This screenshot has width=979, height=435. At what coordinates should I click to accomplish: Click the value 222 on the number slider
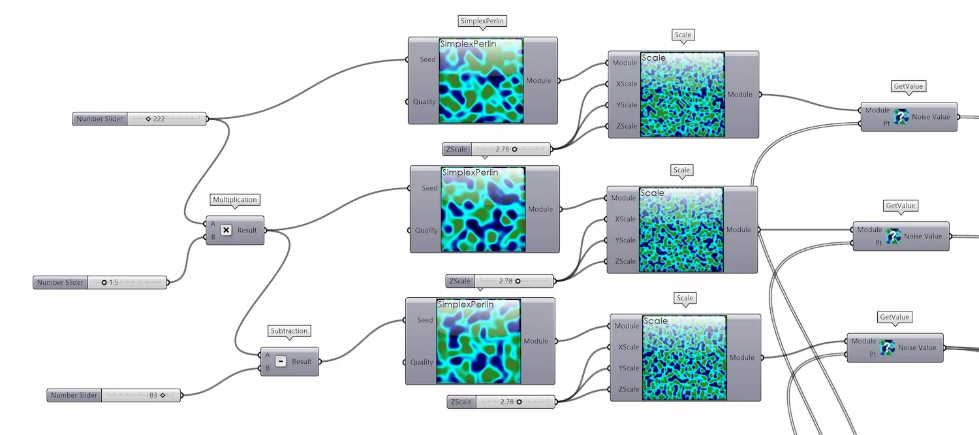coord(159,119)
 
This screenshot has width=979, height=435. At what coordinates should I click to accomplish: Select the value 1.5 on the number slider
coord(114,282)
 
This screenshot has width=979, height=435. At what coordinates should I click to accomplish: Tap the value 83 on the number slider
coord(153,395)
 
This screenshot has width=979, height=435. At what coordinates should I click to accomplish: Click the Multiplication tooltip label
coord(235,200)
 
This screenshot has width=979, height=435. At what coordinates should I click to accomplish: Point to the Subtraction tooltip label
coord(289,331)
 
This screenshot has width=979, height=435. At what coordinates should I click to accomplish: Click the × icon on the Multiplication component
coord(226,230)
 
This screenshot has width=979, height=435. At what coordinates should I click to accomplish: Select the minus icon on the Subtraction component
coord(281,361)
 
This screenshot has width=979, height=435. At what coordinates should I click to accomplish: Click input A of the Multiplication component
coord(213,223)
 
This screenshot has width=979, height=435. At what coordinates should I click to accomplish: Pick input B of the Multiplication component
coord(213,237)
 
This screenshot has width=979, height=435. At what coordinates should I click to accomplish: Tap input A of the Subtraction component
coord(267,355)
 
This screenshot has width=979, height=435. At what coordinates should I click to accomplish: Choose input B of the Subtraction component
coord(267,368)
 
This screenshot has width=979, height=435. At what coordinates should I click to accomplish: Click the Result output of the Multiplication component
coord(247,230)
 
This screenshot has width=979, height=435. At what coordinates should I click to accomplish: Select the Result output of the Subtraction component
coord(302,361)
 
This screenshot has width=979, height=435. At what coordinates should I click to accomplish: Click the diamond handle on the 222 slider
coord(149,119)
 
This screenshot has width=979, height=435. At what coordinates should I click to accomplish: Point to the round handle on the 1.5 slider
coord(104,282)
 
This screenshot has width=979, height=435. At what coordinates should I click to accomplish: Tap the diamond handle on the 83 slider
coord(163,395)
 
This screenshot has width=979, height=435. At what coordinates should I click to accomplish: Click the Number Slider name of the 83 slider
coord(74,395)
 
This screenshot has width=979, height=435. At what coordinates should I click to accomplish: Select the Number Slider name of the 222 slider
coord(99,119)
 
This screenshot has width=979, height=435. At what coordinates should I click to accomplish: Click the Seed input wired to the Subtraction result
coord(425,320)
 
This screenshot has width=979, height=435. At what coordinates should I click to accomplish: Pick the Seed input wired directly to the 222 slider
coord(427,59)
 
